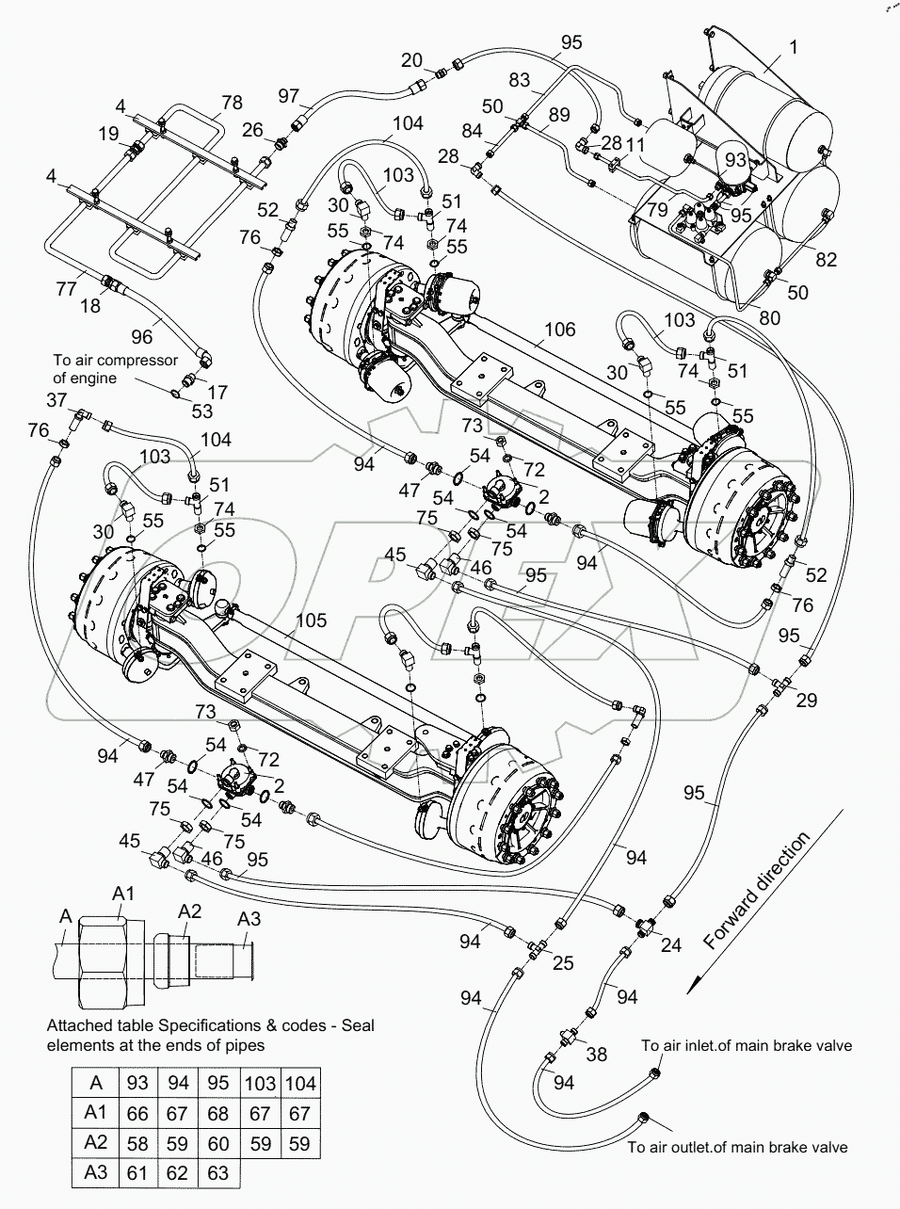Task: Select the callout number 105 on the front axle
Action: coord(312,620)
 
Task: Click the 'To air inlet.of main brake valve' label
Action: coord(747,1045)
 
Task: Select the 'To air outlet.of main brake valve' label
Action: coord(737,1146)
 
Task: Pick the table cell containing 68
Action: coord(217,1114)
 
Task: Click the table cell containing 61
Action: coord(137,1173)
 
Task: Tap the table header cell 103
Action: coord(260,1084)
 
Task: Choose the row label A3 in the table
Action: coord(96,1172)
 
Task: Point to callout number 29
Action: coord(806,700)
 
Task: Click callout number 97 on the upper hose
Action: coord(289,95)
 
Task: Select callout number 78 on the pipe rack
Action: coord(232,102)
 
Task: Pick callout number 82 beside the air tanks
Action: coord(826,259)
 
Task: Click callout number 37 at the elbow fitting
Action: coord(57,401)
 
